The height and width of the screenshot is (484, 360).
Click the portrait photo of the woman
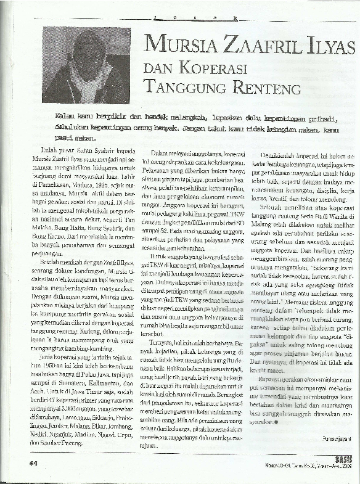click(x=86, y=65)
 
